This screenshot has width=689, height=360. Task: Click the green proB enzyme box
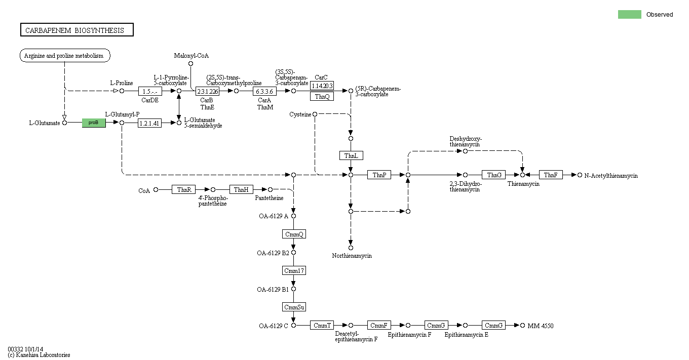tap(94, 123)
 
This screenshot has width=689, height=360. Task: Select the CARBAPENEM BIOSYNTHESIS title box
tap(76, 30)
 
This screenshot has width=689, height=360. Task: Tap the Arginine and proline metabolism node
tap(65, 56)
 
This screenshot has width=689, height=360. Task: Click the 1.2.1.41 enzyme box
tap(149, 123)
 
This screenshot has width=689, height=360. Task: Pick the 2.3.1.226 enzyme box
tap(207, 91)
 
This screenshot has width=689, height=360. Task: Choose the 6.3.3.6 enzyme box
tap(264, 91)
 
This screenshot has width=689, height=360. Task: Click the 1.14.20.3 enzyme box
tap(322, 86)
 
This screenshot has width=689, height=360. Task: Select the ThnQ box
tap(322, 96)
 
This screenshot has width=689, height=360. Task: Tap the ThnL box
tap(351, 155)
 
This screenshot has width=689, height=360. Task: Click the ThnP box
tap(379, 175)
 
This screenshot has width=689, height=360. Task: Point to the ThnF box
tap(551, 175)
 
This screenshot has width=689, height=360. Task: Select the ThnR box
tap(183, 189)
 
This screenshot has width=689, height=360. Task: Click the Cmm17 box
tap(294, 270)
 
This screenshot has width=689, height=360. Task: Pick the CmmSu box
tap(294, 307)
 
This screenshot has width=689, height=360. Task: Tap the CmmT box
tap(322, 325)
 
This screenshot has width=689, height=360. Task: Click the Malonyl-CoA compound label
tap(191, 56)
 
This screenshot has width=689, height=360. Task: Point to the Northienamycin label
tap(352, 256)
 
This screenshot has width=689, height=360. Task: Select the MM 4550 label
tap(540, 326)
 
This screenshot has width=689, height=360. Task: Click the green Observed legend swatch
tap(629, 14)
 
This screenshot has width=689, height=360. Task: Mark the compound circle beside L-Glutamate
tap(64, 123)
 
